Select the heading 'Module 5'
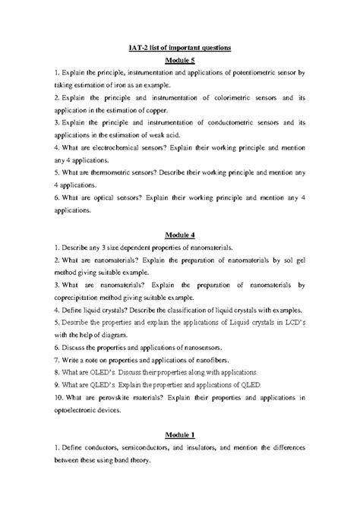click(180, 61)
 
